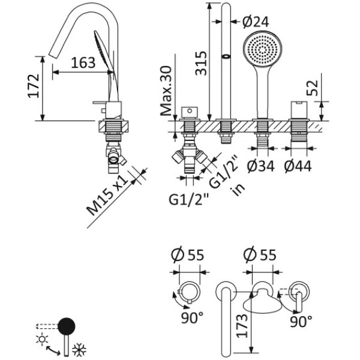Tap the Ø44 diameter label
(298, 166)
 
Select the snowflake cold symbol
(78, 347)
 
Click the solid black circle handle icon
(66, 326)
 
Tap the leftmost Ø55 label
(188, 254)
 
